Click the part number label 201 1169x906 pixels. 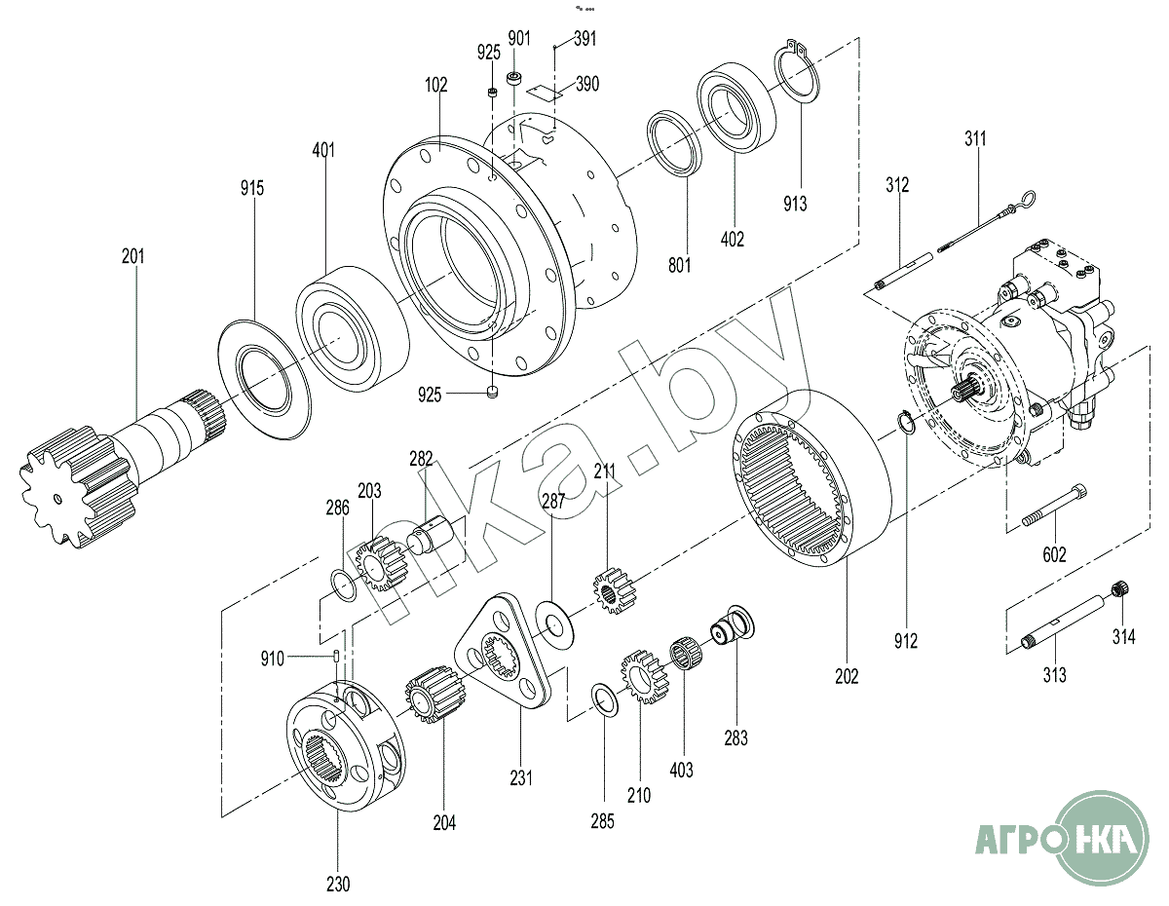click(x=132, y=257)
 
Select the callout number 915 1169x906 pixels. click(x=252, y=188)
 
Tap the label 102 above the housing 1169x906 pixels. click(x=435, y=86)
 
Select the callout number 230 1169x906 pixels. click(x=337, y=885)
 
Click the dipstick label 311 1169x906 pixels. click(x=975, y=138)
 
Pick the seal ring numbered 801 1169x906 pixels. click(x=675, y=144)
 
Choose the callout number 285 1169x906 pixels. click(x=602, y=821)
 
